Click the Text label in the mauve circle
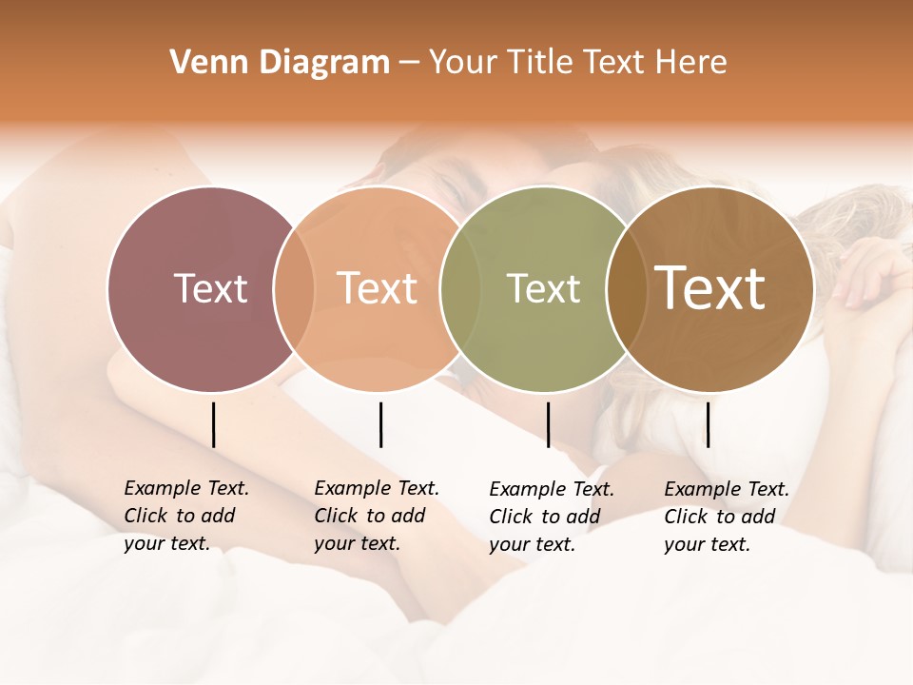tap(210, 288)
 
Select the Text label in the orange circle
tap(378, 288)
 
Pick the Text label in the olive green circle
tap(543, 289)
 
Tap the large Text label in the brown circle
tap(710, 288)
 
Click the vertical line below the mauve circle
tap(213, 424)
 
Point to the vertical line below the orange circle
tap(380, 424)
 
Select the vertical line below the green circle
tap(548, 424)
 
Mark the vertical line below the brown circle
tap(708, 424)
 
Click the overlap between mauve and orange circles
tap(294, 289)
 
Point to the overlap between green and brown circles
tap(623, 289)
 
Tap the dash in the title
tap(409, 64)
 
